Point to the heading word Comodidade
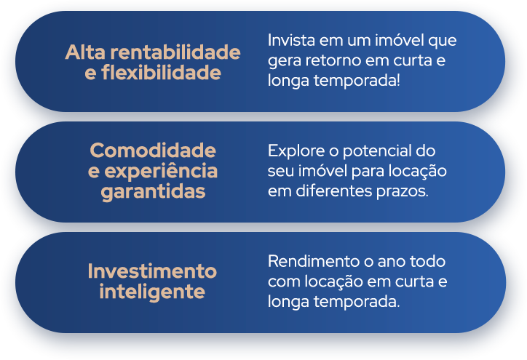tap(153, 151)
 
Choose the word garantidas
tap(153, 193)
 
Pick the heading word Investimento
tap(152, 271)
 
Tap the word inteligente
tap(152, 292)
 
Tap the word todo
tap(430, 260)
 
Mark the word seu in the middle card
tap(280, 172)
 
